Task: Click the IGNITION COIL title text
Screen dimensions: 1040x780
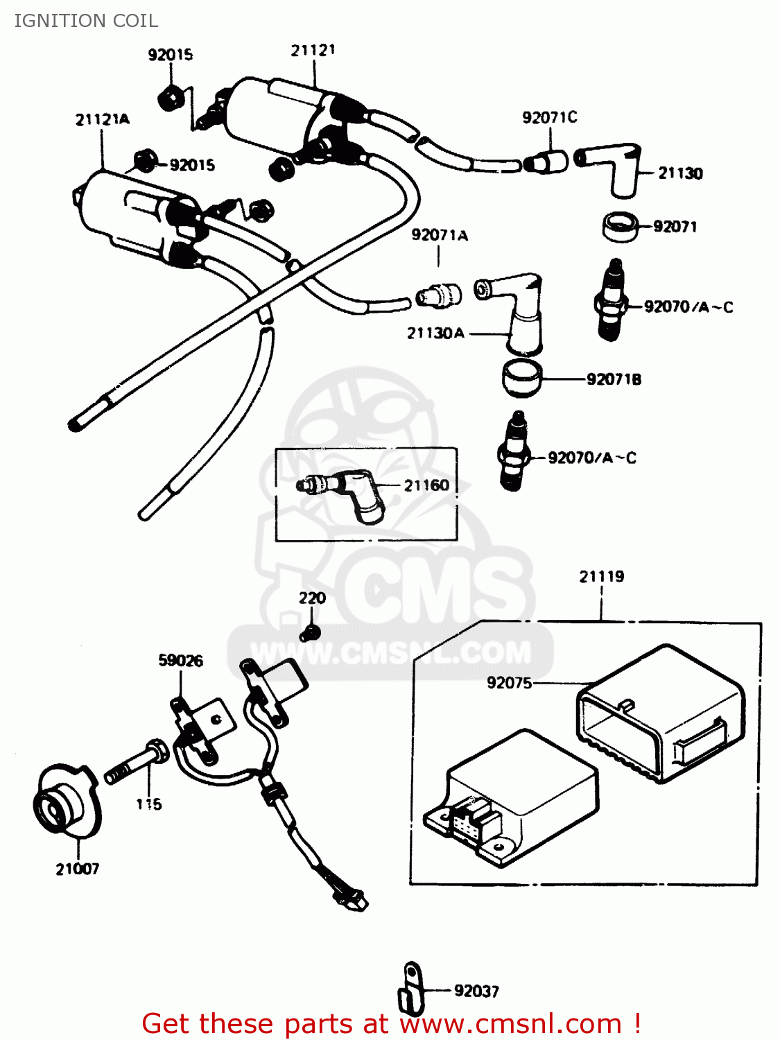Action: click(86, 21)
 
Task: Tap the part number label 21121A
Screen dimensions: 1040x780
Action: click(102, 119)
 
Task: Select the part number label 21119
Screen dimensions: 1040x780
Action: click(601, 576)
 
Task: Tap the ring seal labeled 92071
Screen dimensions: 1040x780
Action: click(619, 227)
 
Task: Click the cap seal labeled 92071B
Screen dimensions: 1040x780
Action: click(521, 379)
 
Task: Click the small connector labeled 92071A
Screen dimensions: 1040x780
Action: click(438, 295)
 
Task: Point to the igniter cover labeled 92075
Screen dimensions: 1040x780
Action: click(659, 714)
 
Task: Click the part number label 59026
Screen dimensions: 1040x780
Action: click(180, 660)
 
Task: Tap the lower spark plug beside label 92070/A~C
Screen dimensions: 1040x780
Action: click(514, 451)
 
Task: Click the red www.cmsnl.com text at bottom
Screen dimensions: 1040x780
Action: click(510, 1023)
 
